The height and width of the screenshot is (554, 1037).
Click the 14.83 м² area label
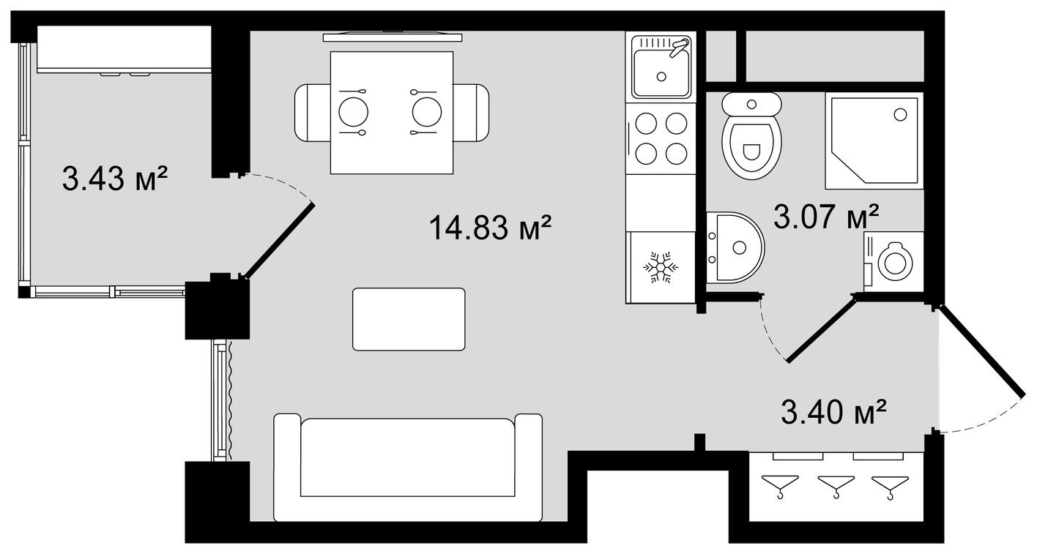point(490,228)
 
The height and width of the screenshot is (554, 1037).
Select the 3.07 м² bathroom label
point(826,217)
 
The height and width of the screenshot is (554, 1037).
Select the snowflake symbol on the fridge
point(661,269)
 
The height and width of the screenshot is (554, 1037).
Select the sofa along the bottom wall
point(408,466)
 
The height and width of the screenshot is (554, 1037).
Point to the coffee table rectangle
point(409,319)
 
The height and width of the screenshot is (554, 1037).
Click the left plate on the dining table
point(353,113)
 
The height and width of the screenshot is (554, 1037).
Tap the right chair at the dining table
point(470,113)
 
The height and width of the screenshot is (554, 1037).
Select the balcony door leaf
point(280,242)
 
